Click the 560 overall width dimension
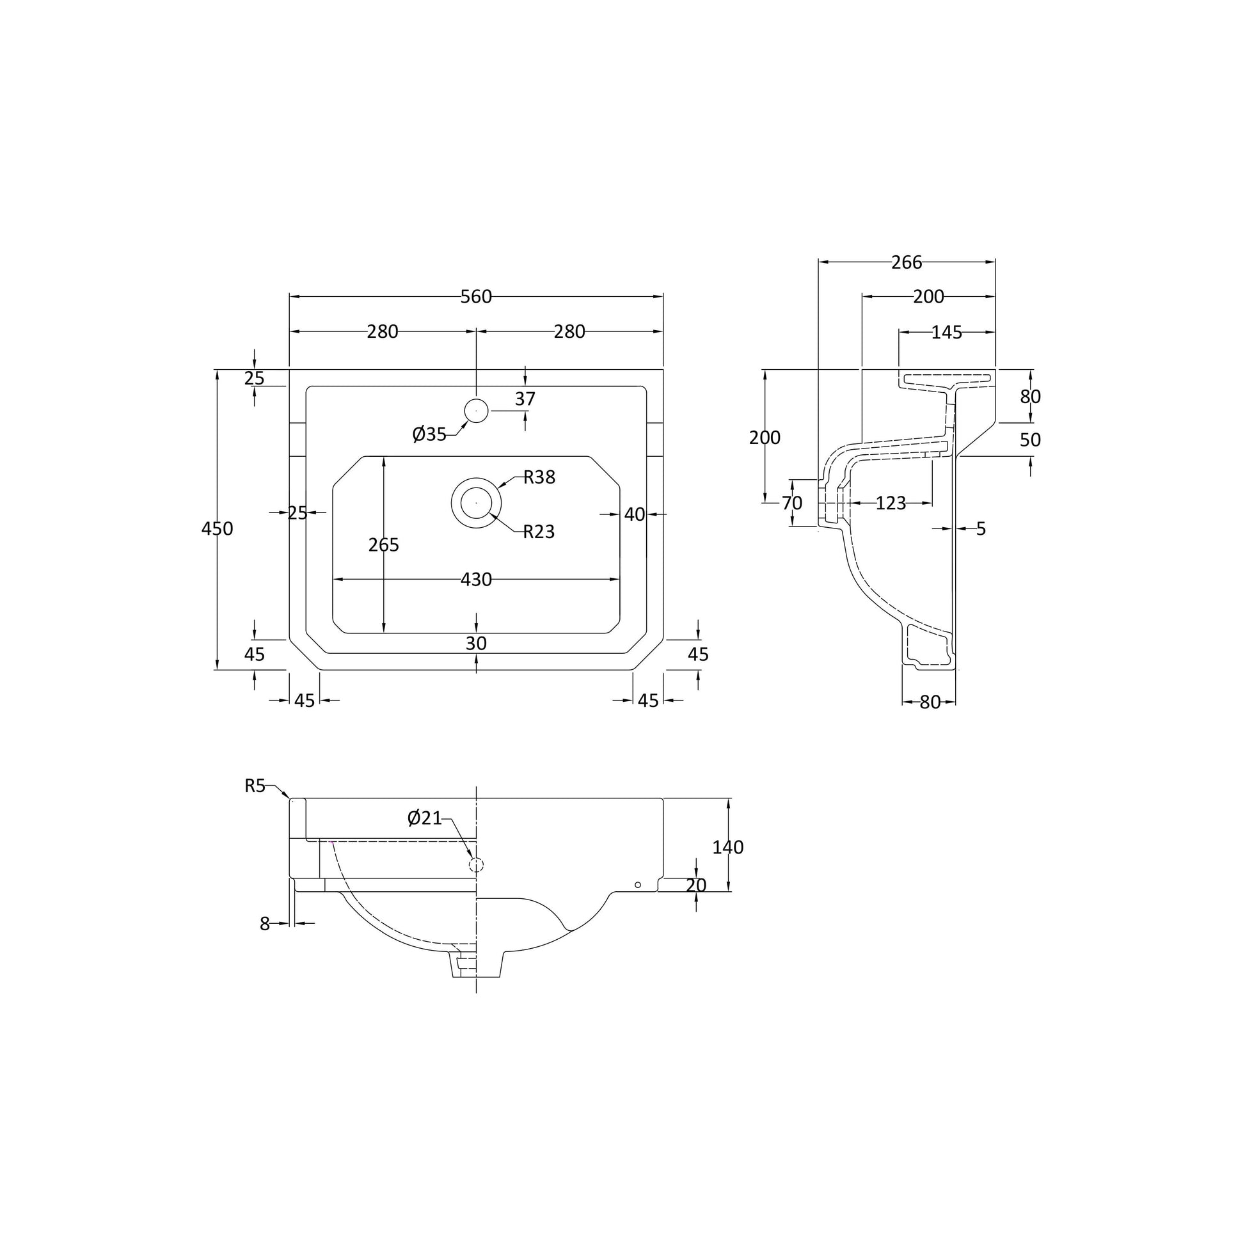click(476, 296)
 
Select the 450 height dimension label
click(217, 528)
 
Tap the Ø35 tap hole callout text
click(429, 434)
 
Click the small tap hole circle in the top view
click(476, 411)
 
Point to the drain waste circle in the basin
click(476, 503)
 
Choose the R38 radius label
click(539, 477)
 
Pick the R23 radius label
click(539, 532)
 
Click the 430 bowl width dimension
click(476, 580)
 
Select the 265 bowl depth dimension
click(384, 545)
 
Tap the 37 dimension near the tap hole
click(525, 399)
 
